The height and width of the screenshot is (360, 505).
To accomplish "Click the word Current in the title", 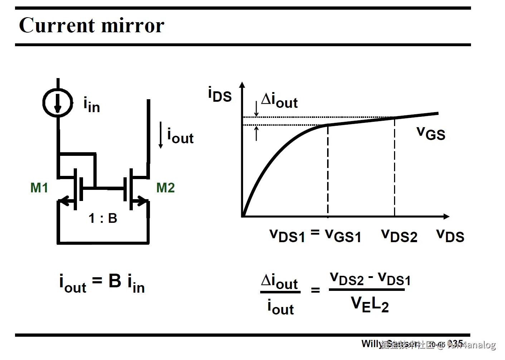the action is (x=57, y=25).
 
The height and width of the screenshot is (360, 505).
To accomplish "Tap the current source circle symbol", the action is (x=58, y=103).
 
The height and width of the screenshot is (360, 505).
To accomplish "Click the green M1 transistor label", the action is (x=39, y=188).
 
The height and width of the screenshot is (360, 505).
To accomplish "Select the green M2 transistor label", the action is (x=165, y=188).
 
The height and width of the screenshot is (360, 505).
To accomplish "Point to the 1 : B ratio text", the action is (x=103, y=218).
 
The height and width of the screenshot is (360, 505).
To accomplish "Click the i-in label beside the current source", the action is (x=92, y=105).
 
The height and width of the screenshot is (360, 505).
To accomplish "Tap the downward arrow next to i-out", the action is (x=161, y=135).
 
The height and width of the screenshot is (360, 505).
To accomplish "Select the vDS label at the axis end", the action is (x=450, y=236).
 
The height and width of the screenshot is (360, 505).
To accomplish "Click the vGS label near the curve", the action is (x=431, y=133).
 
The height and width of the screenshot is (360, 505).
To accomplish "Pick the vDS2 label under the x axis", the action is (x=399, y=236).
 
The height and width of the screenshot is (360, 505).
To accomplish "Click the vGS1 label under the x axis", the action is (x=343, y=236).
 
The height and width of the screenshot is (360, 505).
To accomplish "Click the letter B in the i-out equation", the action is (x=115, y=281).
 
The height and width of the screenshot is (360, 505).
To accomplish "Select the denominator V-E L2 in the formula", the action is (x=370, y=305).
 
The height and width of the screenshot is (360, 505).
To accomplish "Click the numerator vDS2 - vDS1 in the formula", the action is (x=370, y=279).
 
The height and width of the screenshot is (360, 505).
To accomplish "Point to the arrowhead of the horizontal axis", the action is (x=446, y=216).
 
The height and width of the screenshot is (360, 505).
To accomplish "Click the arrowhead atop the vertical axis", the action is (x=242, y=85).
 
